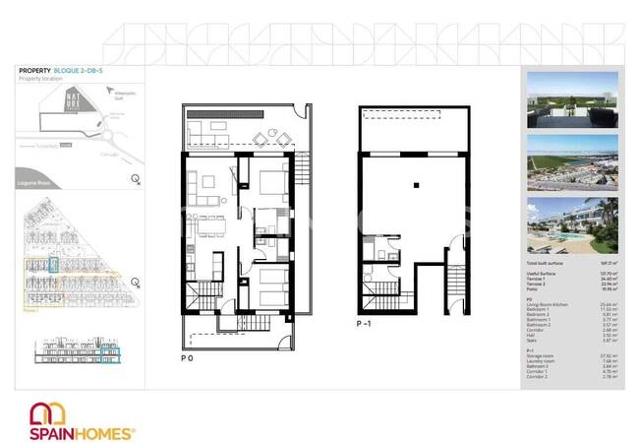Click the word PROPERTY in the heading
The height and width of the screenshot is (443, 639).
tap(35, 70)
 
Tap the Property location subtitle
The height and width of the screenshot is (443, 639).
tap(41, 79)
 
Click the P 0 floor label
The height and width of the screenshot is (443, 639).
tap(187, 357)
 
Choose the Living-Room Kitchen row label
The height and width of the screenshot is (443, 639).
tap(548, 304)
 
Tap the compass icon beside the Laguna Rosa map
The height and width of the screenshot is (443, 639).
tap(135, 179)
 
